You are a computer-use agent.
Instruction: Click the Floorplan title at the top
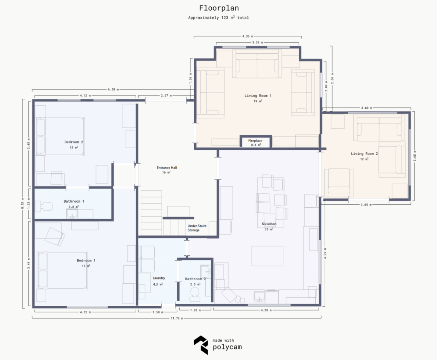pyautogui.click(x=218, y=8)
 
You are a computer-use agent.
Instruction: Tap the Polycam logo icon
pyautogui.click(x=201, y=345)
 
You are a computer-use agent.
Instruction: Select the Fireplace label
pyautogui.click(x=255, y=140)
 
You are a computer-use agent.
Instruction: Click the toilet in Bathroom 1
pyautogui.click(x=44, y=207)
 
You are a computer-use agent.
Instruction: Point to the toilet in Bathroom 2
pyautogui.click(x=195, y=292)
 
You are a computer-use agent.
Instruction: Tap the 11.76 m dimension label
pyautogui.click(x=177, y=318)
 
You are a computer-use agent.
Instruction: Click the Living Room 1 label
pyautogui.click(x=258, y=96)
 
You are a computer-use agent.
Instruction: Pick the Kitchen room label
pyautogui.click(x=269, y=224)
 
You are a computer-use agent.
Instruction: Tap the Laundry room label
pyautogui.click(x=159, y=278)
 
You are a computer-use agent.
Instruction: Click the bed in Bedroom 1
pyautogui.click(x=64, y=270)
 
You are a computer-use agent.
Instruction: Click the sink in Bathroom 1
pyautogui.click(x=72, y=214)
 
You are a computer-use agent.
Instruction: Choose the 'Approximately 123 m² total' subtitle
pyautogui.click(x=218, y=18)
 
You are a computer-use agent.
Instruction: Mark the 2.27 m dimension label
pyautogui.click(x=166, y=96)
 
